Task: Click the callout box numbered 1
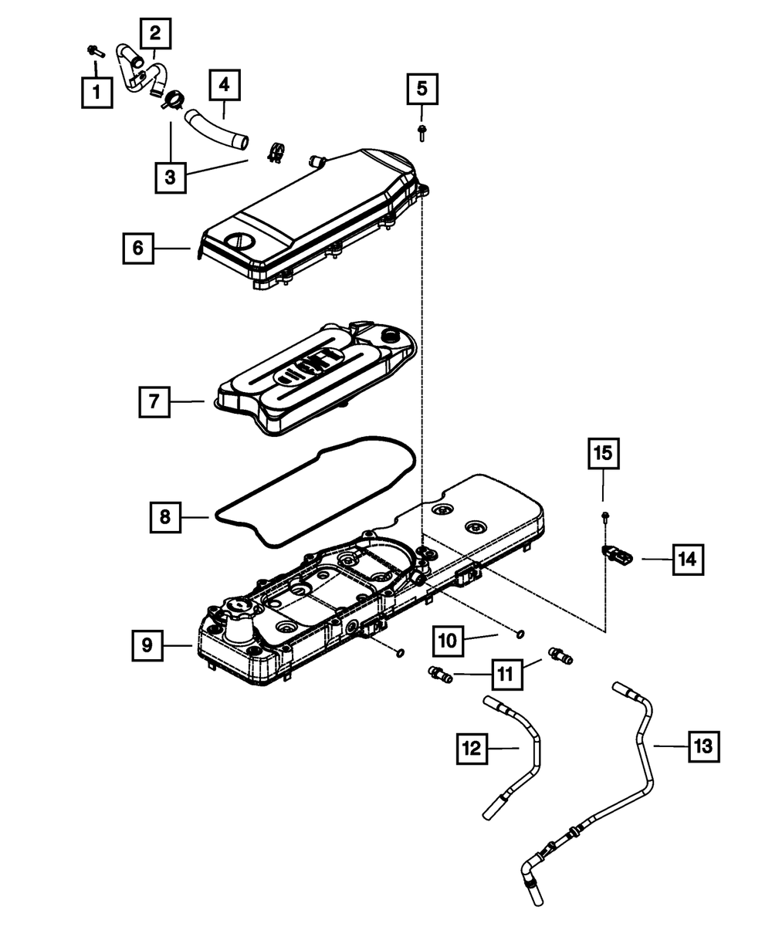[x=96, y=94]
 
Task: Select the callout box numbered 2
[x=155, y=33]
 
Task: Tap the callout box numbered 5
[x=422, y=89]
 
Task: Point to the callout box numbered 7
[x=154, y=402]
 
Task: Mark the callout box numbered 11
[x=504, y=674]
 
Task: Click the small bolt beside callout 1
[x=93, y=52]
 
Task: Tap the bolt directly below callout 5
[x=422, y=131]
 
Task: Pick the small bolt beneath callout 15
[x=603, y=515]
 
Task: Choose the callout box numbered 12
[x=472, y=747]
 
